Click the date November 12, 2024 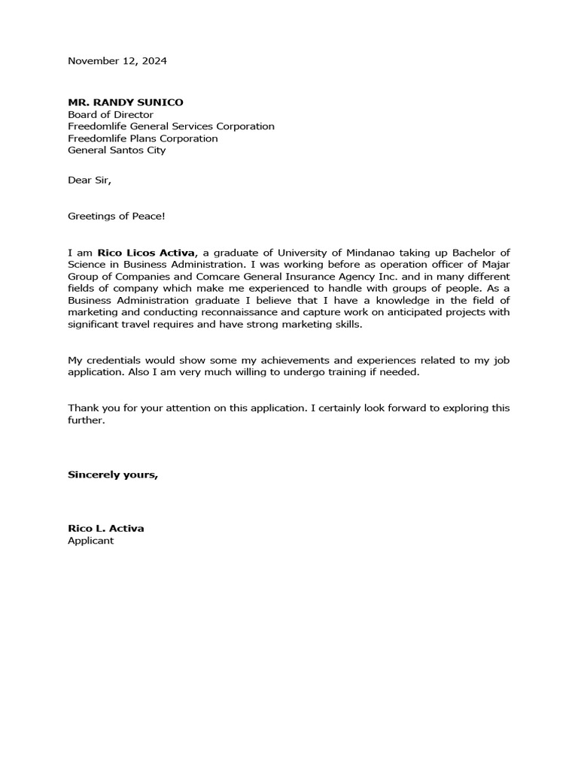point(117,61)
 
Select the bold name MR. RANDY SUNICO point(125,102)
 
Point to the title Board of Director point(111,114)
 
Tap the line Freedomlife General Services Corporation point(171,126)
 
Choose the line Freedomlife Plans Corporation point(143,138)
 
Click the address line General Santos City point(117,150)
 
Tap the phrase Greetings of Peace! point(116,217)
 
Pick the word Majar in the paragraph point(494,265)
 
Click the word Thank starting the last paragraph point(82,408)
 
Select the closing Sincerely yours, point(113,474)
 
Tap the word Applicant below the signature point(90,541)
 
